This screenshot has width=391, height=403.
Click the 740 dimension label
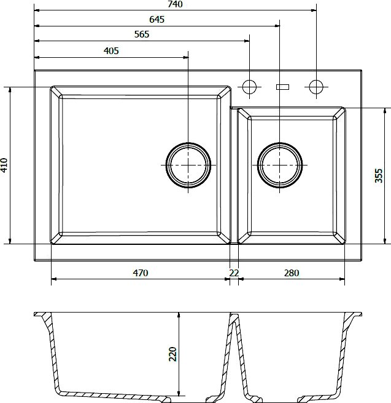175,4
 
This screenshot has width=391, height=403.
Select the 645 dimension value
157,20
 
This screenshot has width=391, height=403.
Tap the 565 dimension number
142,34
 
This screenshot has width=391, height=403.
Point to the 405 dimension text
111,51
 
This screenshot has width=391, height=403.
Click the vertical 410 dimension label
4,166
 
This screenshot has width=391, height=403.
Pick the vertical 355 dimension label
379,175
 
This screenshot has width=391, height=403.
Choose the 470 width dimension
141,273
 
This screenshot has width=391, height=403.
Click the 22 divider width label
234,273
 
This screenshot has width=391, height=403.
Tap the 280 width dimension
292,273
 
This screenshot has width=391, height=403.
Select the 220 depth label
173,354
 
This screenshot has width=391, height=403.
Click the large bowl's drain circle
188,143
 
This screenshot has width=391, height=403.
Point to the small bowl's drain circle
280,143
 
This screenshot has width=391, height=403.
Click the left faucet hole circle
249,80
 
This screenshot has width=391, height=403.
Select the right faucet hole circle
316,80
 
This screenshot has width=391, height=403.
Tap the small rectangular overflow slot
282,87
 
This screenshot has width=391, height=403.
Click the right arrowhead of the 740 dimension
313,10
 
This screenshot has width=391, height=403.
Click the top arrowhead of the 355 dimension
385,111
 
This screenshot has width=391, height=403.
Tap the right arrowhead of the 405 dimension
185,58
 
